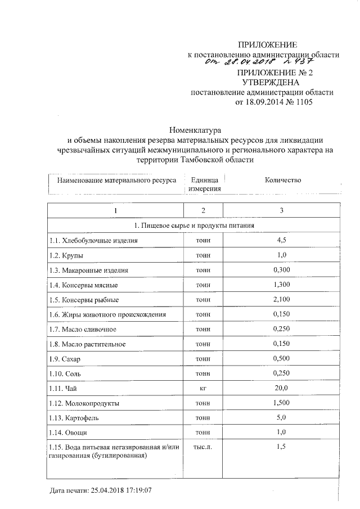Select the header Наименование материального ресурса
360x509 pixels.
[x=116, y=181]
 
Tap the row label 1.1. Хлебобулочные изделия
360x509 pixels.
[x=93, y=240]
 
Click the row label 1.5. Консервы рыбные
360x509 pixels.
[x=84, y=300]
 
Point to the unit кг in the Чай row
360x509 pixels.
[x=203, y=388]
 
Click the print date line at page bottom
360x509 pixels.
[x=100, y=490]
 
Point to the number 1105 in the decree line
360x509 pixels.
[x=301, y=103]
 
